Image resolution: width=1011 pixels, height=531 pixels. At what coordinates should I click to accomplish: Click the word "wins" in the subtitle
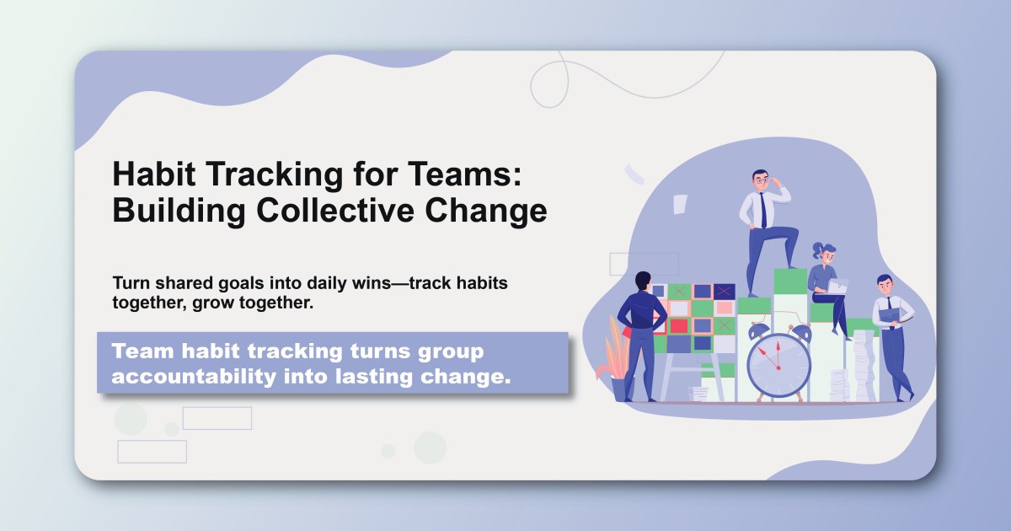click(373, 282)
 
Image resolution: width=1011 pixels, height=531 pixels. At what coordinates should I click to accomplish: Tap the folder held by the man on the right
click(891, 315)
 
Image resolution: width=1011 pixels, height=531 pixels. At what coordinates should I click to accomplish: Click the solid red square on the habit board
click(678, 325)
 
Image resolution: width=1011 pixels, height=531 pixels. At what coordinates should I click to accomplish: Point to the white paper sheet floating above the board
click(679, 204)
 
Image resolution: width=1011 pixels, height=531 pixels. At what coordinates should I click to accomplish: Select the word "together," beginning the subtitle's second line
click(146, 303)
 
